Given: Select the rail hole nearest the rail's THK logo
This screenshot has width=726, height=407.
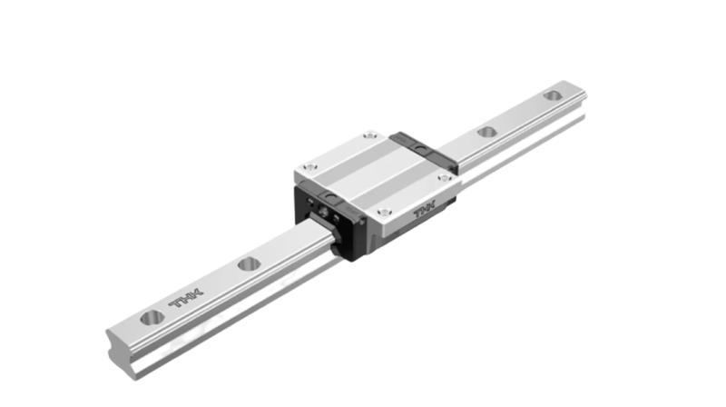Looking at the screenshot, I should point(152,317).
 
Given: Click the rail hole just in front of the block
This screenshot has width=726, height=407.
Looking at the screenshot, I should point(249,264).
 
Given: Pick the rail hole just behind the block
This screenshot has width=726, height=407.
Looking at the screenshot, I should point(487,132).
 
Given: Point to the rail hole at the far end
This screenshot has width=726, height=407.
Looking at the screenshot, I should point(552,95).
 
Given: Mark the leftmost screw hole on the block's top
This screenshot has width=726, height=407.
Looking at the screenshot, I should point(310,167).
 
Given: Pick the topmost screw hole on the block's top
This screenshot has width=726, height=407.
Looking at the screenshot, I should point(368,136).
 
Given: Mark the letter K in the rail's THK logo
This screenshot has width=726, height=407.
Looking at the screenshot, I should point(197,293).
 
